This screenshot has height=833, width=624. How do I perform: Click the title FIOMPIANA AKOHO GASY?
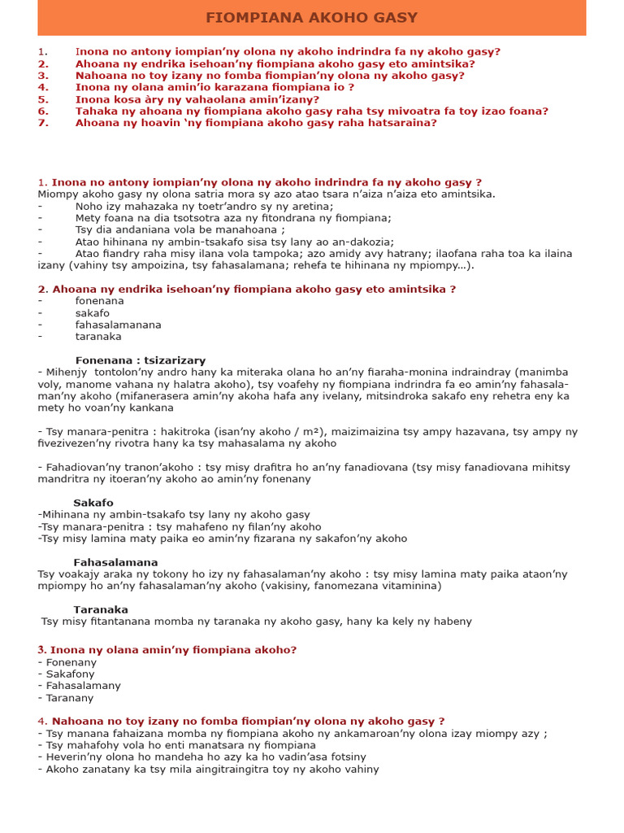point(311,18)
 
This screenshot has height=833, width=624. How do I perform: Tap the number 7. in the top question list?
point(43,123)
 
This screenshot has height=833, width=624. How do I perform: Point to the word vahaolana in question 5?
point(212,99)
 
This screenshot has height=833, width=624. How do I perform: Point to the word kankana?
point(151,408)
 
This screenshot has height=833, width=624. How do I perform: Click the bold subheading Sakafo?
point(93,503)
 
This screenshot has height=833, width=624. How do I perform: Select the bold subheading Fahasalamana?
point(115,562)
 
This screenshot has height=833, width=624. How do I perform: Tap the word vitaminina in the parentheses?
point(411,586)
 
